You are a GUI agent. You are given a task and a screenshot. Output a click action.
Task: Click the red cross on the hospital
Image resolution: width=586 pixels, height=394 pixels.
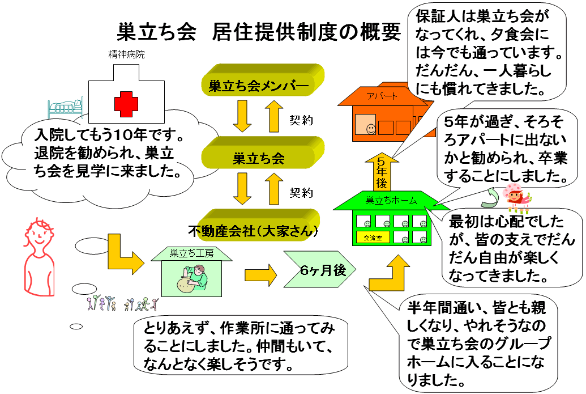pyautogui.click(x=126, y=104)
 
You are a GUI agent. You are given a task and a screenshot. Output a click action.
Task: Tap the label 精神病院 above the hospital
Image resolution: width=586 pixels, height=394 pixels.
pyautogui.click(x=126, y=55)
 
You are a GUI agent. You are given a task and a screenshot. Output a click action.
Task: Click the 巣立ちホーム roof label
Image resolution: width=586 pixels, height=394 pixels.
pyautogui.click(x=391, y=200)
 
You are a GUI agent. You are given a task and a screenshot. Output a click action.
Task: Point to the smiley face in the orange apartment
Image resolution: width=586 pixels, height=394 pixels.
pyautogui.click(x=370, y=128)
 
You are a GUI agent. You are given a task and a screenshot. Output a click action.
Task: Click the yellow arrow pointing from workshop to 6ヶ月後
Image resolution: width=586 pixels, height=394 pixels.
pyautogui.click(x=260, y=276)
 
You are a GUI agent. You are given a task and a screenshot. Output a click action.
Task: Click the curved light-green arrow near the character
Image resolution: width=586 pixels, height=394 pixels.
pyautogui.click(x=490, y=196)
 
